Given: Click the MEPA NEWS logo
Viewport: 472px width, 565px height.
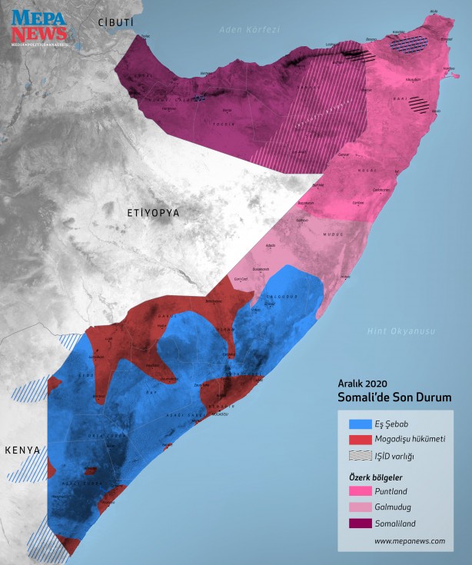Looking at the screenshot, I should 38,28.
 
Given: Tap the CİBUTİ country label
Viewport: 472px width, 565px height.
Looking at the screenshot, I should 116,24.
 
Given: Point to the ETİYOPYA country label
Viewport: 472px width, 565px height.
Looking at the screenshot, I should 153,211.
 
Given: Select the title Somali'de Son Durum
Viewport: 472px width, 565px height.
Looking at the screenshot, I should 394,397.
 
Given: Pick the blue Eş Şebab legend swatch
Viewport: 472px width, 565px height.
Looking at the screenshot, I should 359,424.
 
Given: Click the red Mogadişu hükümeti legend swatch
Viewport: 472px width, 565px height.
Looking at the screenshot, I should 359,440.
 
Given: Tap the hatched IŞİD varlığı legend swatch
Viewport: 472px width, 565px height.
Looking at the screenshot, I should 359,457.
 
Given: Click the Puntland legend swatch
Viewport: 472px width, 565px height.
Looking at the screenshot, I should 359,491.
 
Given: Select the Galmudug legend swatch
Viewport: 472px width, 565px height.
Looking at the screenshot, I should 359,507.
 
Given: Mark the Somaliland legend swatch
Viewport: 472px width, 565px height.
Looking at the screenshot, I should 359,523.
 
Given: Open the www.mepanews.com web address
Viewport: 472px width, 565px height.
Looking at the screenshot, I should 410,541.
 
